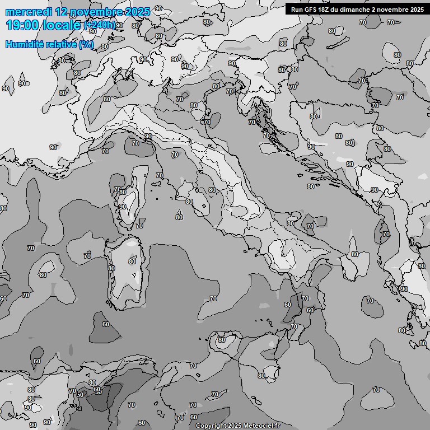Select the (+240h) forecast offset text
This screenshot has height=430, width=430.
[x=100, y=25]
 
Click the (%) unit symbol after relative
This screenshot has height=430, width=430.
[x=86, y=44]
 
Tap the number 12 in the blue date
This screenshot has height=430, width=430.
[x=61, y=12]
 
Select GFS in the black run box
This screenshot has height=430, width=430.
[x=311, y=9]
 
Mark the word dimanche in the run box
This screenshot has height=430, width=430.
[x=356, y=9]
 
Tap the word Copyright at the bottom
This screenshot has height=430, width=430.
[x=212, y=426]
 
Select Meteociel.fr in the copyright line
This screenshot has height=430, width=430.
[x=261, y=426]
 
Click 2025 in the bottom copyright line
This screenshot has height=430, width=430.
[x=235, y=426]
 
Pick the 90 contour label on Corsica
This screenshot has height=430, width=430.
[x=122, y=207]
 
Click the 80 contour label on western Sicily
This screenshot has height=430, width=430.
[x=222, y=340]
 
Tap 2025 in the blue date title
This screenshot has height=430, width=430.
[x=138, y=12]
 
